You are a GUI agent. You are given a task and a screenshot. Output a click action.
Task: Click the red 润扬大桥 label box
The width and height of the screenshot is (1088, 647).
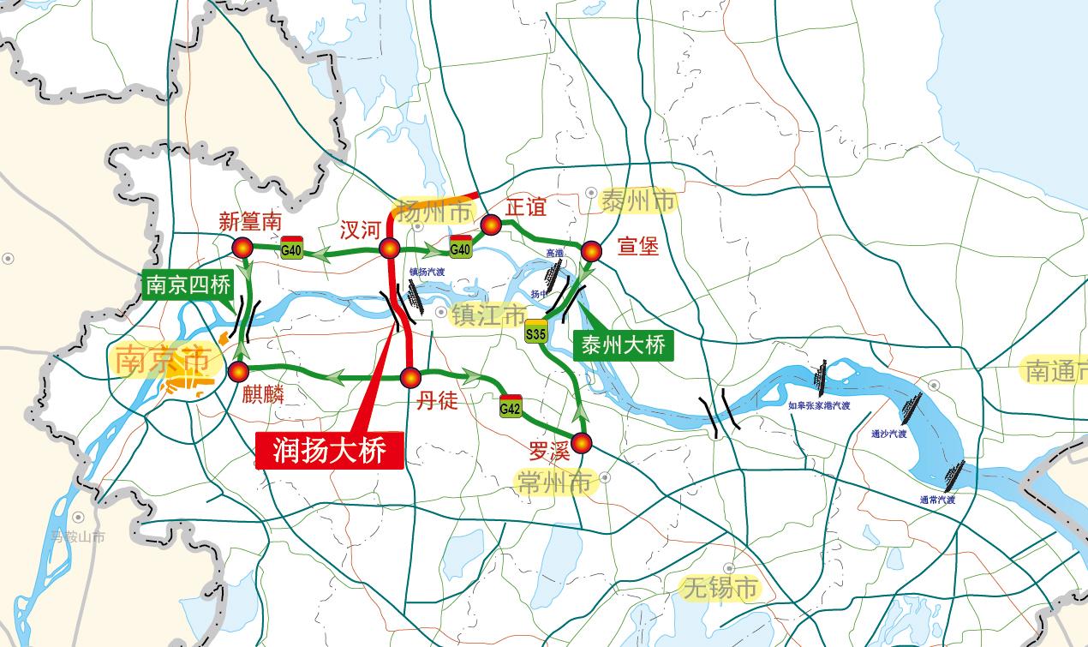pyautogui.click(x=329, y=449)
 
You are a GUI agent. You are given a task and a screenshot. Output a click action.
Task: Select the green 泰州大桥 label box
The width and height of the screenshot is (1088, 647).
pyautogui.click(x=623, y=345)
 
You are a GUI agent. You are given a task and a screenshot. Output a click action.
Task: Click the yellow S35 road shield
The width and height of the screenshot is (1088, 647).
pyautogui.click(x=536, y=333)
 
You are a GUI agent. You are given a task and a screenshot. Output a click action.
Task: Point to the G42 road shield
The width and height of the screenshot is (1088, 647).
pyautogui.click(x=511, y=409)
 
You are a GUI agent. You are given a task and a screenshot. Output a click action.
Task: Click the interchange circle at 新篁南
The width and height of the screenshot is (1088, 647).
pyautogui.click(x=242, y=249)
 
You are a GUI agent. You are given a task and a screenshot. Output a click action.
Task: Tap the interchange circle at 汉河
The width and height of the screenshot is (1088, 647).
pyautogui.click(x=390, y=249)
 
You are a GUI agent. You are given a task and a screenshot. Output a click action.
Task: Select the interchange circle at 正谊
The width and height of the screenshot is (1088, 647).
pyautogui.click(x=491, y=225)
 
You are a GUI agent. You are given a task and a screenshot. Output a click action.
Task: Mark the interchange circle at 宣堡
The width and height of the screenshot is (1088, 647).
pyautogui.click(x=592, y=251)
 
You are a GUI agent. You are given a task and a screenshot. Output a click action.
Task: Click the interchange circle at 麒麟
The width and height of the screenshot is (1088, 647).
pyautogui.click(x=237, y=371)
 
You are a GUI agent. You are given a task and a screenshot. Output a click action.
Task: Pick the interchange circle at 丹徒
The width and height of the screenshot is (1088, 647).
pyautogui.click(x=410, y=376)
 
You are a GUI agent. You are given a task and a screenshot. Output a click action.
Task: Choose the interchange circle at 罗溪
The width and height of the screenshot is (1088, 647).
pyautogui.click(x=582, y=443)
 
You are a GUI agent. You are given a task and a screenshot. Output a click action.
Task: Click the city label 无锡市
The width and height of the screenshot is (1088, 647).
pyautogui.click(x=720, y=588)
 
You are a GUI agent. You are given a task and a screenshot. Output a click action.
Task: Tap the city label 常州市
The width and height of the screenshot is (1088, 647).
pyautogui.click(x=556, y=482)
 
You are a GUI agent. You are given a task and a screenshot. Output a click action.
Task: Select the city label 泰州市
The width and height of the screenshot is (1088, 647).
pyautogui.click(x=637, y=201)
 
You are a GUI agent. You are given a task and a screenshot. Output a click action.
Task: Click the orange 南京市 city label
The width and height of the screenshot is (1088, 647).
pyautogui.click(x=162, y=361)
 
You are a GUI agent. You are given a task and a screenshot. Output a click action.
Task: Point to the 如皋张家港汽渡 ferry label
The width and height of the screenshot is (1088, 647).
pyautogui.click(x=820, y=406)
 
